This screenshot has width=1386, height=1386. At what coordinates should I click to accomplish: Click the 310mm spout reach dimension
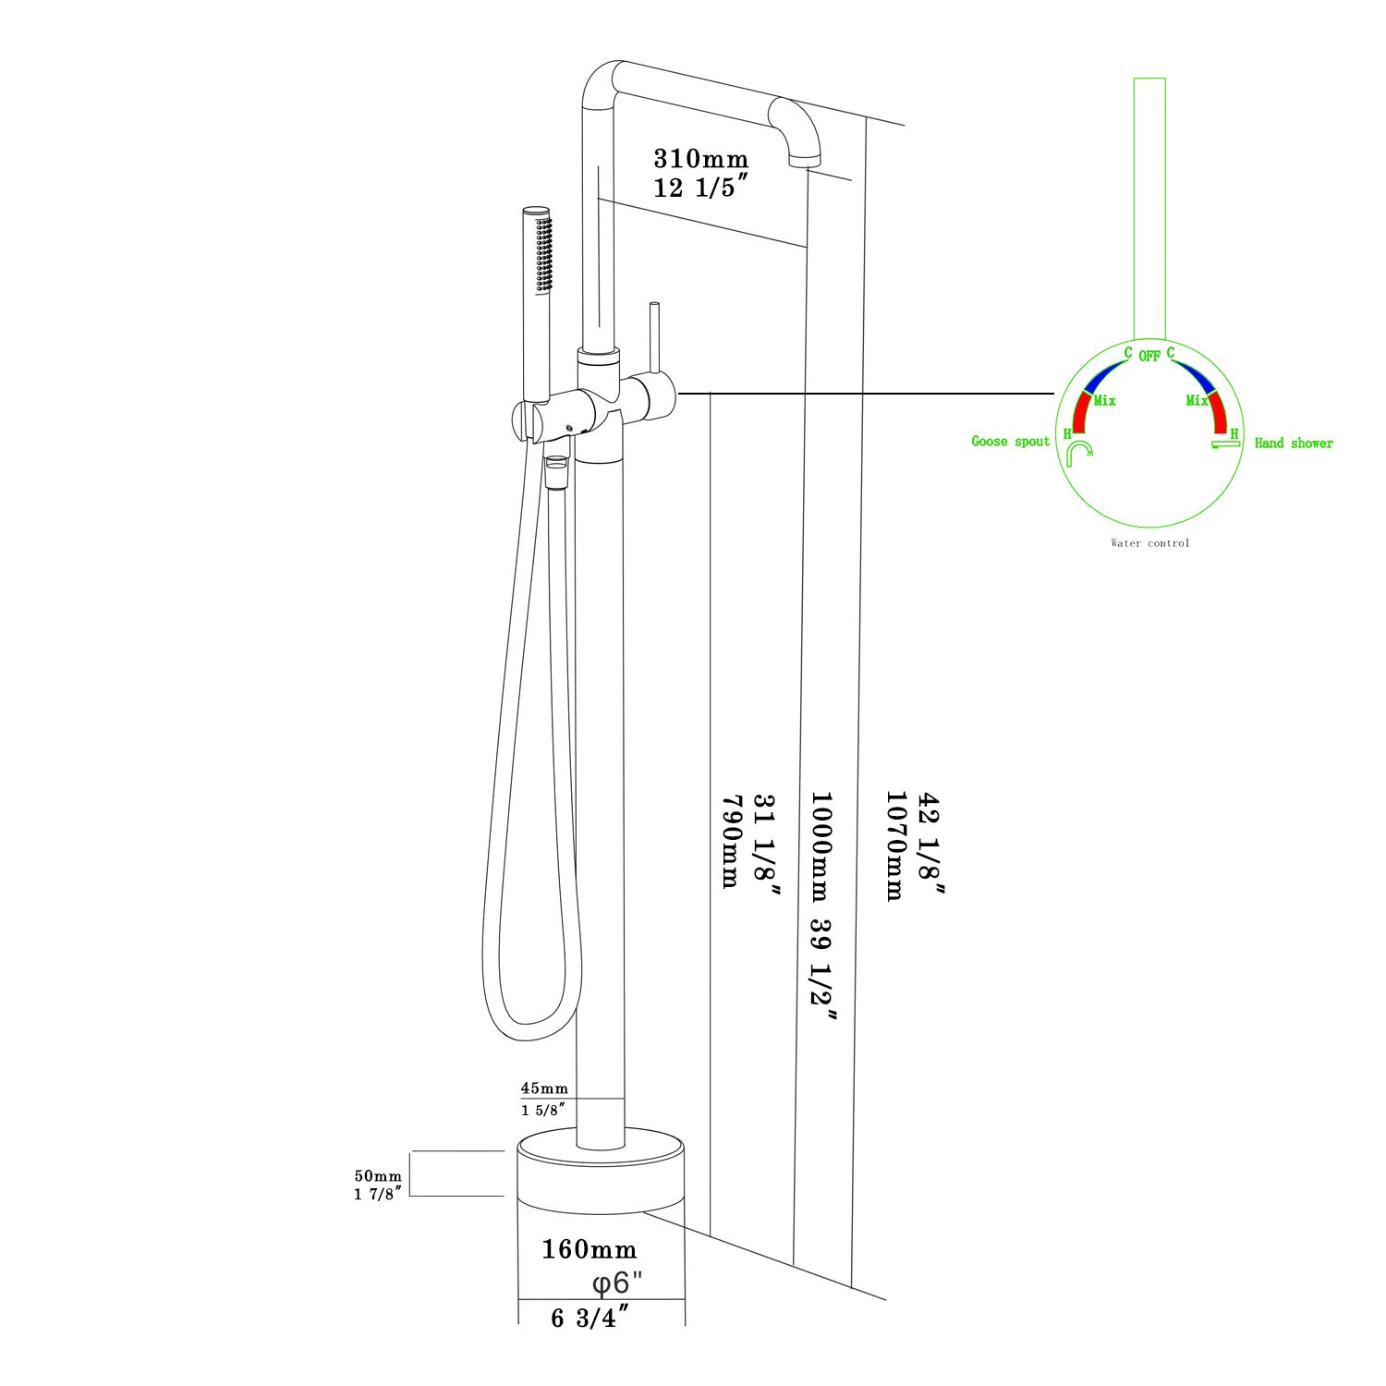(x=700, y=159)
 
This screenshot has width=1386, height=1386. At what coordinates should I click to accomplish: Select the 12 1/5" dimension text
(x=699, y=188)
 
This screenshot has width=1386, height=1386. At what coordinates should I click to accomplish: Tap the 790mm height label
(x=730, y=840)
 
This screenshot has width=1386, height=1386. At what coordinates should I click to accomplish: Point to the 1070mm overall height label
(x=894, y=845)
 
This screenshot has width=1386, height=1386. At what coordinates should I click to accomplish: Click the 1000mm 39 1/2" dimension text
(x=822, y=919)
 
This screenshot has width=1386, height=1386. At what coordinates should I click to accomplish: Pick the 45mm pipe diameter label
(x=543, y=1088)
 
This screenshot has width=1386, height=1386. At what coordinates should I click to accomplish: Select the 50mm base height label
(x=378, y=1176)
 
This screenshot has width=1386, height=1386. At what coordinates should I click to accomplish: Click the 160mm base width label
(x=589, y=1250)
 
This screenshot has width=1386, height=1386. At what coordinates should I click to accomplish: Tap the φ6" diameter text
(x=617, y=1283)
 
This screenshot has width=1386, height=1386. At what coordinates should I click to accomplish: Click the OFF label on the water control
(x=1149, y=356)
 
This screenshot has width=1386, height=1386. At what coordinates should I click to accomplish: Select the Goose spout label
(x=1010, y=442)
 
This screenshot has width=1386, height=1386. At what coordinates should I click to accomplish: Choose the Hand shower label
(x=1294, y=444)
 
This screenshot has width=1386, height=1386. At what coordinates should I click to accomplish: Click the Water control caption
(x=1149, y=543)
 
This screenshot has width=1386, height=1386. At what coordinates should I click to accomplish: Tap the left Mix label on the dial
(x=1104, y=400)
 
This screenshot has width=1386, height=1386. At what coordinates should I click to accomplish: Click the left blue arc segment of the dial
(x=1101, y=377)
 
